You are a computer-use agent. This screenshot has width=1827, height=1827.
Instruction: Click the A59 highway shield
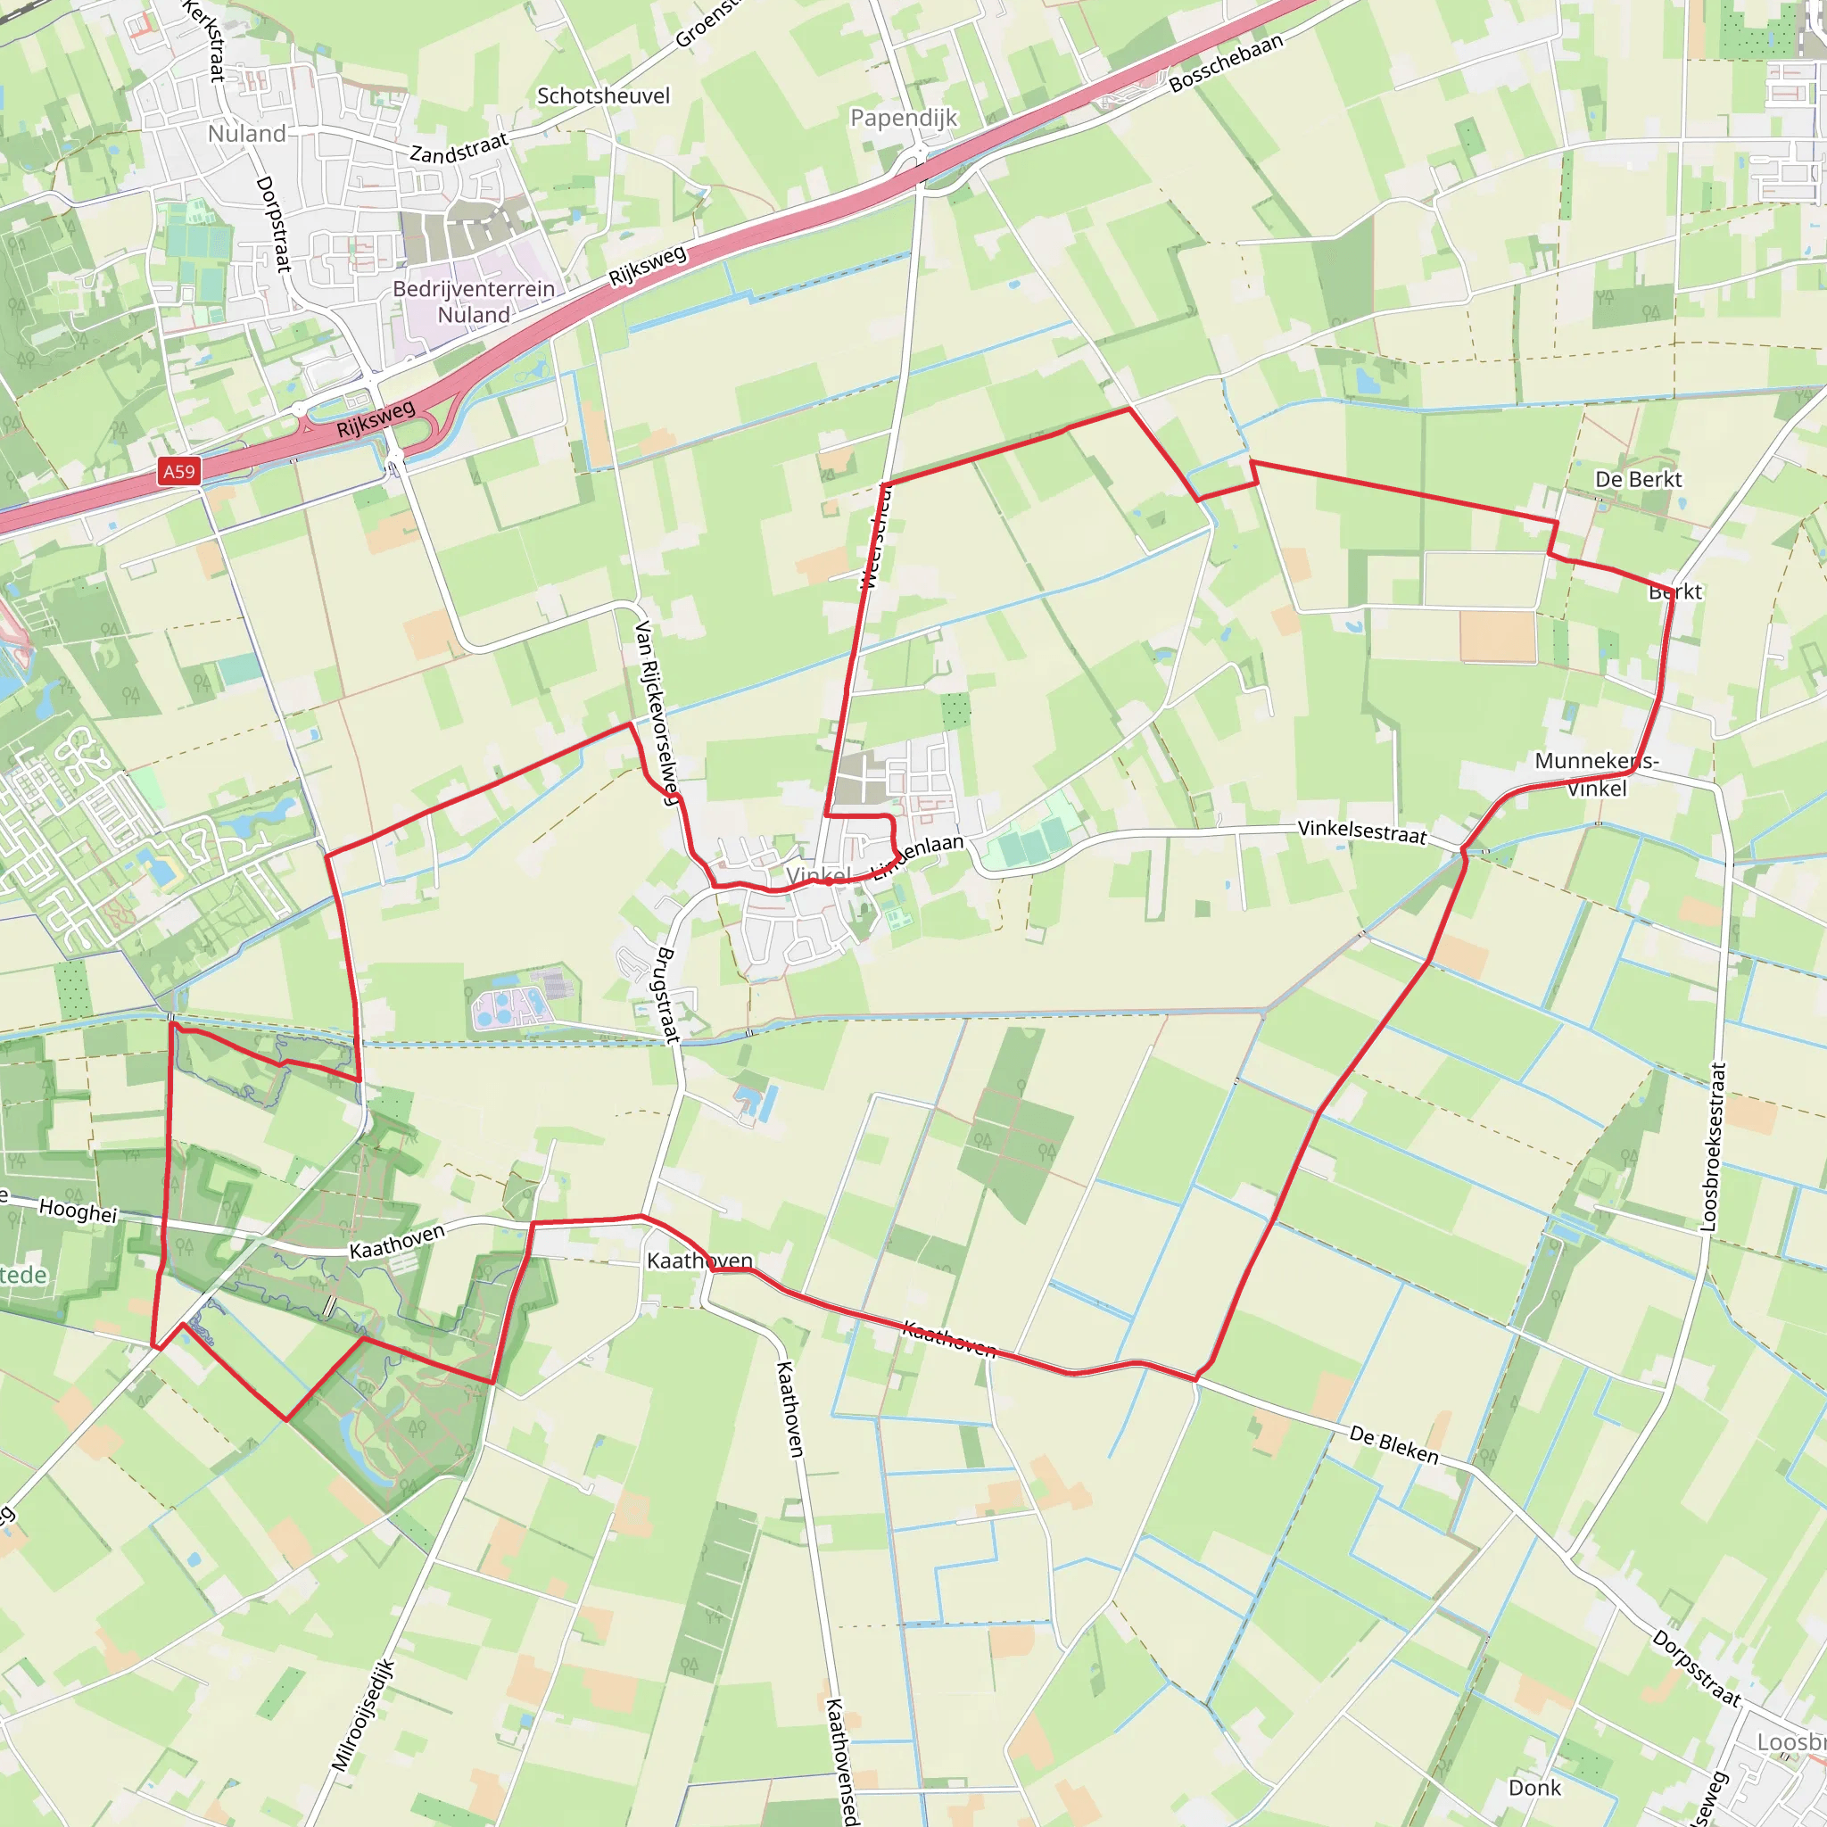(x=178, y=472)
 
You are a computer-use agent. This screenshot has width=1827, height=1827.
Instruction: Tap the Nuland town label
(x=247, y=133)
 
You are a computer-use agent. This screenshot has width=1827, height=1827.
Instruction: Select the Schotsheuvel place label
(x=603, y=95)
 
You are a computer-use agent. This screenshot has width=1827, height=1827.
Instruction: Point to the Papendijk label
(x=903, y=117)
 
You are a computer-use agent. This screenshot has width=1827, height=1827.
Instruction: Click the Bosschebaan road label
(x=1226, y=62)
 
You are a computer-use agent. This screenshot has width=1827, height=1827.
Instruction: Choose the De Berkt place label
(x=1638, y=479)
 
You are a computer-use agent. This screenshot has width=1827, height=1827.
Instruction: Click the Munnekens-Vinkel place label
(x=1596, y=773)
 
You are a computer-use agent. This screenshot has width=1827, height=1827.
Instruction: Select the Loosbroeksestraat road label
(x=1712, y=1147)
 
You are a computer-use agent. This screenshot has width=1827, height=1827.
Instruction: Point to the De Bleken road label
(x=1394, y=1445)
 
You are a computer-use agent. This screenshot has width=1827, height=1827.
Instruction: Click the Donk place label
(x=1534, y=1787)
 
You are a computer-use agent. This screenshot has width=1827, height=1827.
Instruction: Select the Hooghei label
(x=78, y=1210)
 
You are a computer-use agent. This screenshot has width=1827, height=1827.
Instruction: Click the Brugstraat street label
(x=667, y=995)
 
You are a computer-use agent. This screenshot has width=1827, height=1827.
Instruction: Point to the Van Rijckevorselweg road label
(x=657, y=711)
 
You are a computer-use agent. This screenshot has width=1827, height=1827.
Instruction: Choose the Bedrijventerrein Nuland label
(x=474, y=302)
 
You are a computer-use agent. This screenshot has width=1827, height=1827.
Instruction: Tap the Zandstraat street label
(x=459, y=147)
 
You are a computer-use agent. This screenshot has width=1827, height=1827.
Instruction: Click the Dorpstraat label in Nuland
(x=273, y=224)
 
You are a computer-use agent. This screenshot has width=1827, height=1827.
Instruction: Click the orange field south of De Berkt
(x=1497, y=636)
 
